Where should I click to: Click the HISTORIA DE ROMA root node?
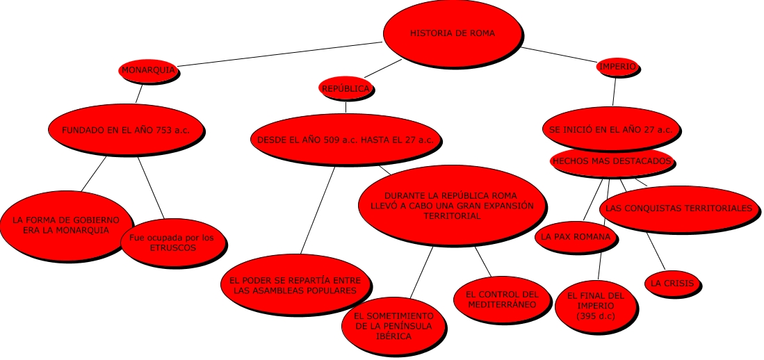click(453, 33)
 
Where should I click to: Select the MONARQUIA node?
click(148, 70)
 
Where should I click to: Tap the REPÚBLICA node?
click(346, 88)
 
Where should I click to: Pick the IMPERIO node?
click(617, 67)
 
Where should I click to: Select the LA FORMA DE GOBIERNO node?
click(65, 224)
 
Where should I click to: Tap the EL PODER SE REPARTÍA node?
click(295, 285)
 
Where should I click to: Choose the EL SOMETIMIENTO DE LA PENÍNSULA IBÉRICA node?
click(393, 326)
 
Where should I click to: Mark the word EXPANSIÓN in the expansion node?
click(507, 206)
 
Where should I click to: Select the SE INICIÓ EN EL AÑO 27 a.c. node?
click(610, 130)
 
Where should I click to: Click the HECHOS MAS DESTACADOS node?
click(612, 161)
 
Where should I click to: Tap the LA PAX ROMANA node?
click(576, 237)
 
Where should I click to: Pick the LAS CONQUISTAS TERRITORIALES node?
click(678, 208)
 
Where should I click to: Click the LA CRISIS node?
click(672, 284)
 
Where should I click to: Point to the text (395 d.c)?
click(595, 316)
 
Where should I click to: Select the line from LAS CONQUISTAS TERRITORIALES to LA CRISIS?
click(656, 251)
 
